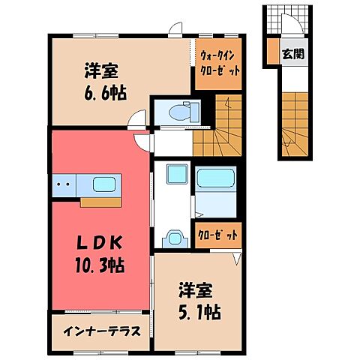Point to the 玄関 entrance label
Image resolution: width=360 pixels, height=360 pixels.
pyautogui.click(x=292, y=54)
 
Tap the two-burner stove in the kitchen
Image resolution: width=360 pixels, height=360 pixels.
pyautogui.click(x=64, y=184)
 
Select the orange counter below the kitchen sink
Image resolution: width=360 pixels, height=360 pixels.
pyautogui.click(x=98, y=200)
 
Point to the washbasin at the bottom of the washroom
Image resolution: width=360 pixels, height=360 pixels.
pyautogui.click(x=174, y=238)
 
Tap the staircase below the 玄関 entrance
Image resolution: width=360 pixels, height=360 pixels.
pyautogui.click(x=294, y=120)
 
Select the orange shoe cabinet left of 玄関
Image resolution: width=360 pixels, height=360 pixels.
pyautogui.click(x=271, y=53)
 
